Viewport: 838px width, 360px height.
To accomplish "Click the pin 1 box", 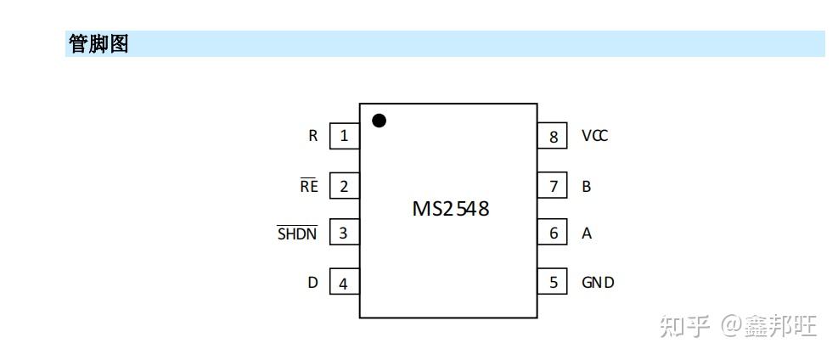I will (x=344, y=136).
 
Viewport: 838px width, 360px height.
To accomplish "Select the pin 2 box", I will (x=344, y=187).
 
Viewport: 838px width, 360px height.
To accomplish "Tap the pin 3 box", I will (x=344, y=233).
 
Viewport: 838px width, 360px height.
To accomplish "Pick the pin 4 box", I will (x=344, y=284).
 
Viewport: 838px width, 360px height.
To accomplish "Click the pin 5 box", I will (x=554, y=283).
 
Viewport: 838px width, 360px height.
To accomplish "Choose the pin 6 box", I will (x=554, y=233).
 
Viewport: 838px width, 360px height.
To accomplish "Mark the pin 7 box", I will (x=554, y=186).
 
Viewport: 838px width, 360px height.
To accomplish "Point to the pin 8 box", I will (x=554, y=136).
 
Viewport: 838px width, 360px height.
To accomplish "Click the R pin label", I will (x=313, y=136).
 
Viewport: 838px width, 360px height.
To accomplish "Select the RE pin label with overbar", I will (x=309, y=186).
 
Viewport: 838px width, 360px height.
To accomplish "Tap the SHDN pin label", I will (x=297, y=233).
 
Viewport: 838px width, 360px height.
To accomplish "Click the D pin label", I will (x=313, y=283).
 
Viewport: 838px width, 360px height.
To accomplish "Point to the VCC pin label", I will (x=594, y=136).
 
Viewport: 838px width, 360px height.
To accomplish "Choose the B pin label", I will (x=586, y=187).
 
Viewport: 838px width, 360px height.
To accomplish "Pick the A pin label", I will (x=586, y=233).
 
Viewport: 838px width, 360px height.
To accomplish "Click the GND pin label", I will (x=598, y=283).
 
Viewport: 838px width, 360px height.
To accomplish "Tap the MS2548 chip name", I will (x=450, y=209).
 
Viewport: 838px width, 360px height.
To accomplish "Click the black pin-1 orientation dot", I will (x=380, y=121).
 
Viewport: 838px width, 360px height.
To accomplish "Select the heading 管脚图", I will (x=98, y=45).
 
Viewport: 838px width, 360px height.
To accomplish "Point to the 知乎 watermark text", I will (x=684, y=325).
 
